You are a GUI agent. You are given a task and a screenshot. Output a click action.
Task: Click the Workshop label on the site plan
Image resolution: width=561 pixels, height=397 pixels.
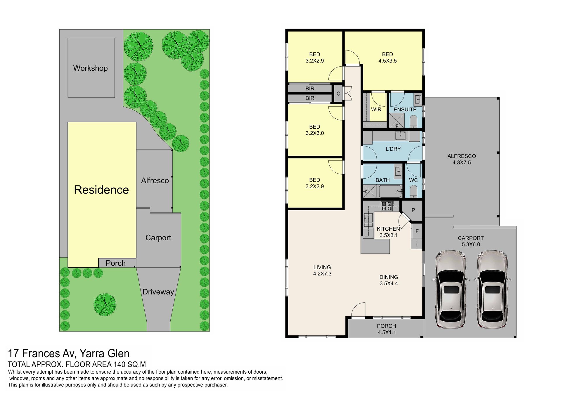coord(90,68)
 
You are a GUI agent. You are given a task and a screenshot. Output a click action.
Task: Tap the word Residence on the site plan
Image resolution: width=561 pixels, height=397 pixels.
coord(101,190)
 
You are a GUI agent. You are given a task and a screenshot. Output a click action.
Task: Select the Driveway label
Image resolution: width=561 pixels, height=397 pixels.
coord(158,292)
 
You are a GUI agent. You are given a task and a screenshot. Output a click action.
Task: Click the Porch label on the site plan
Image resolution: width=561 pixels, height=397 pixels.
coord(115,263)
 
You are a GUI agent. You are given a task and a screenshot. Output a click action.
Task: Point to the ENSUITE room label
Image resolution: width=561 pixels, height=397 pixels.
coord(405,110)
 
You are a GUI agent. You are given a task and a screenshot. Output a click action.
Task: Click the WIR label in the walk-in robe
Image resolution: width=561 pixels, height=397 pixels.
coord(376,110)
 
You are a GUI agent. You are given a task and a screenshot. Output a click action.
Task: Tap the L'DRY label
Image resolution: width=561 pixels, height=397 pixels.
coord(393,149)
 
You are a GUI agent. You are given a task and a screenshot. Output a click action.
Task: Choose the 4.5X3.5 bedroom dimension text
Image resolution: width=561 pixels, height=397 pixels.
coord(387,61)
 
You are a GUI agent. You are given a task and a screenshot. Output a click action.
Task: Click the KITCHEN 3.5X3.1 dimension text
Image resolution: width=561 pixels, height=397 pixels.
coord(388,235)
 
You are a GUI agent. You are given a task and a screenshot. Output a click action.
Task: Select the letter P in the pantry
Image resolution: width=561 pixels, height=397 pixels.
coord(413,210)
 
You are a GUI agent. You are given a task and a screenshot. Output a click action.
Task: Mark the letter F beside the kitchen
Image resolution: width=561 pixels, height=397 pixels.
coord(417,231)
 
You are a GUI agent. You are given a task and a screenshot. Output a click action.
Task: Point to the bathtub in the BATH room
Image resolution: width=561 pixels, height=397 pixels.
coord(390,191)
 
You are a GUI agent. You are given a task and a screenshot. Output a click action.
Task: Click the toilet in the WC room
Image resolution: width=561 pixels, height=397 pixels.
coord(413,192)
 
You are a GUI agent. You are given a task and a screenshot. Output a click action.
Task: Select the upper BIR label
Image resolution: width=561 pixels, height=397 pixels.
coord(310,89)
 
